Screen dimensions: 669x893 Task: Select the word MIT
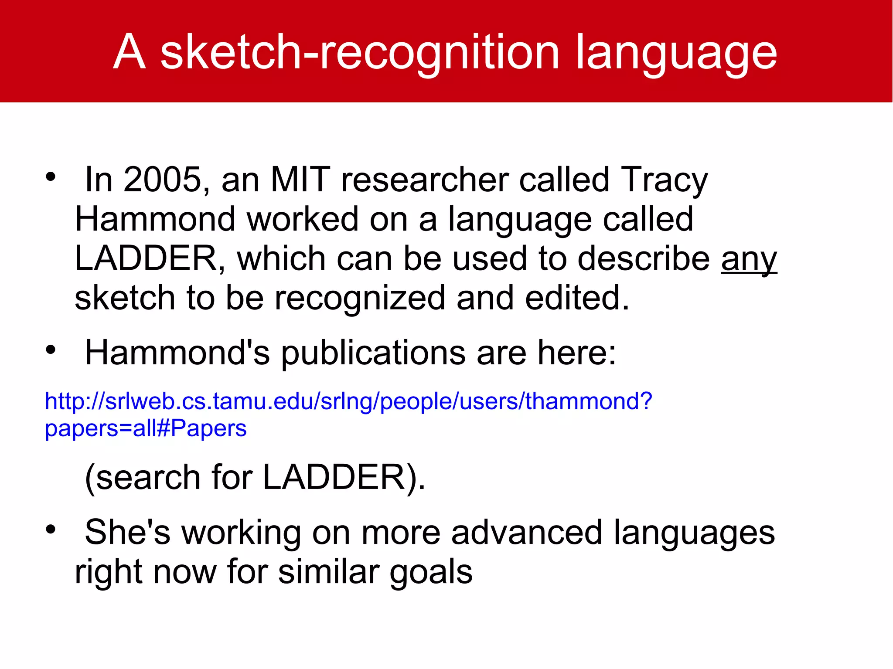click(300, 180)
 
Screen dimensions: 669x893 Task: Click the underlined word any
click(749, 259)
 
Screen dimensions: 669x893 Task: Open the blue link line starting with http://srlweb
click(348, 401)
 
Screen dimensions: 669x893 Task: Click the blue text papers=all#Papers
click(146, 428)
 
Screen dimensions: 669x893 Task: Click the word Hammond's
click(177, 353)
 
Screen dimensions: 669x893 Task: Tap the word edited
click(576, 298)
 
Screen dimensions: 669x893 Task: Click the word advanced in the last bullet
click(527, 533)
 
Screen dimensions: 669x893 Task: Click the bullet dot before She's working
click(51, 529)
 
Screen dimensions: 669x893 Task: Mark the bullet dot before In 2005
click(51, 177)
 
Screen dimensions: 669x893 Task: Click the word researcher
click(425, 180)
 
